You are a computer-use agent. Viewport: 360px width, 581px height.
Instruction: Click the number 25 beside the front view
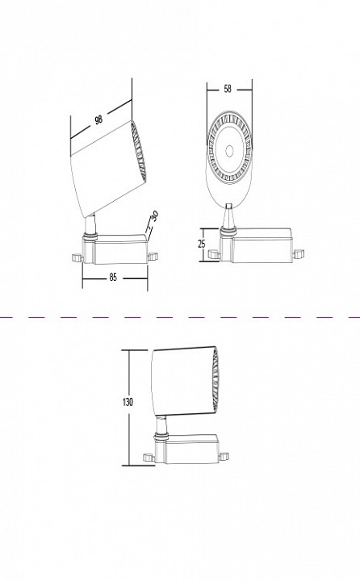click(x=203, y=244)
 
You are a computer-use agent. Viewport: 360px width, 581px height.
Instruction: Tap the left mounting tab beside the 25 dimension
click(x=214, y=253)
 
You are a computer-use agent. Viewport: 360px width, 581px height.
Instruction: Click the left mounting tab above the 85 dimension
click(x=77, y=257)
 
